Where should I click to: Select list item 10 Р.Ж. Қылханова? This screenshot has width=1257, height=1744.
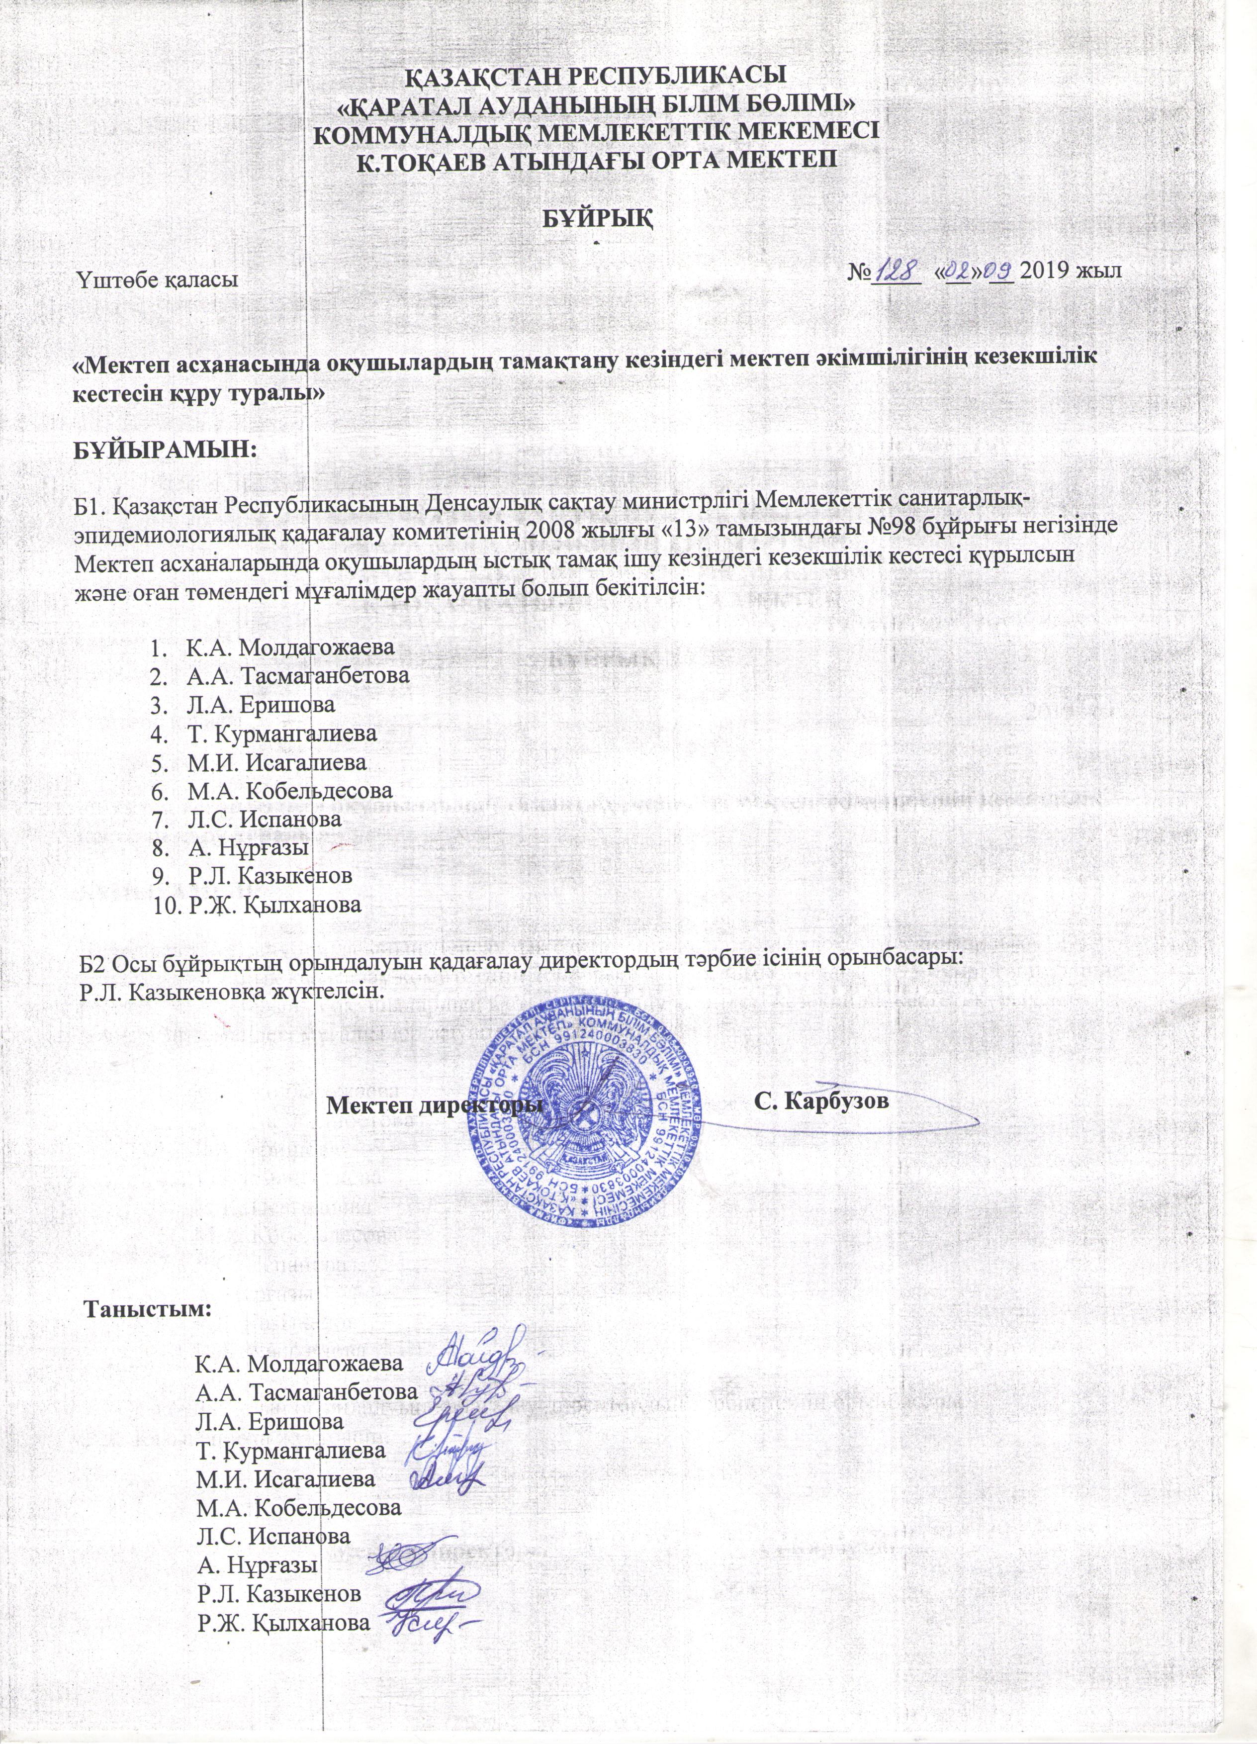(273, 904)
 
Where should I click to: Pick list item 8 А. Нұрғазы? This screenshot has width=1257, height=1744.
(248, 847)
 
